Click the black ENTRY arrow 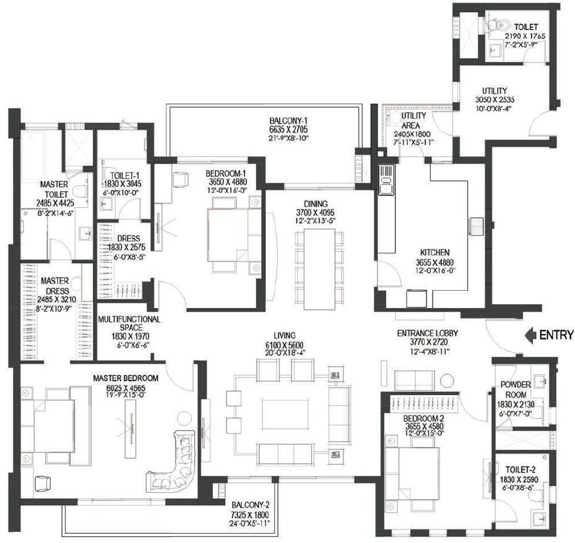(530, 335)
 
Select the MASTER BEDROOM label (126, 378)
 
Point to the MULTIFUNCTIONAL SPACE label (129, 319)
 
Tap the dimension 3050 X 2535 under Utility (495, 99)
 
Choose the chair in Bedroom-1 (180, 179)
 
